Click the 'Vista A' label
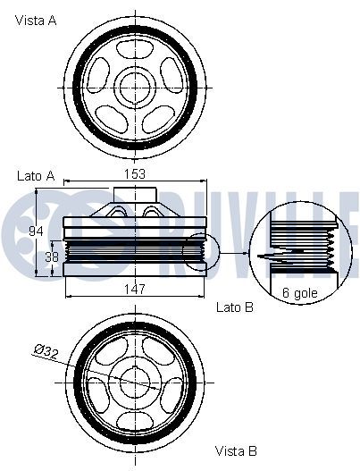36,21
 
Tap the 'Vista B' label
236,450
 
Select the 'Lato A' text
36,176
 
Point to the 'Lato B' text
235,307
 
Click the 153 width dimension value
135,174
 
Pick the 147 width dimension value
135,289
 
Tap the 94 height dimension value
36,231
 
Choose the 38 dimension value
52,257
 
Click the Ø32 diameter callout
46,352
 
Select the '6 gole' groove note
300,292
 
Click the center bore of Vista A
135,88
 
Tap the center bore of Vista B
135,383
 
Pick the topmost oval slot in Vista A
135,48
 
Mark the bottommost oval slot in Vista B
135,422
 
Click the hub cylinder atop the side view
135,195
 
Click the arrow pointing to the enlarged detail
235,253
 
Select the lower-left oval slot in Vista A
112,119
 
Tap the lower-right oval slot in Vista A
158,119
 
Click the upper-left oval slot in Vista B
112,351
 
